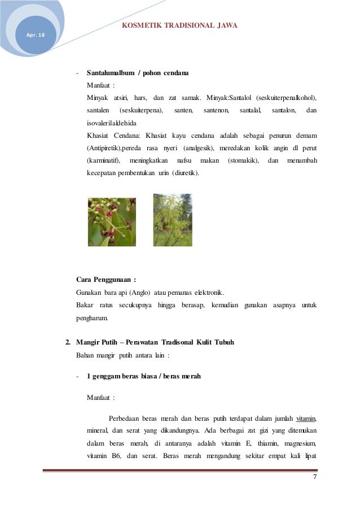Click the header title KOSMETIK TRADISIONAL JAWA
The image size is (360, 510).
(179, 25)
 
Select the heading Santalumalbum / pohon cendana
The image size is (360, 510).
(137, 73)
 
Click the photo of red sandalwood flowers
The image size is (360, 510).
(112, 221)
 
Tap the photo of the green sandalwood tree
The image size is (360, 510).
(173, 220)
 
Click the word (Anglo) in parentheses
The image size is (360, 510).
(139, 293)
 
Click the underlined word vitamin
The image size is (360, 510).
(304, 419)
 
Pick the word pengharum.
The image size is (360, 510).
(93, 317)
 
